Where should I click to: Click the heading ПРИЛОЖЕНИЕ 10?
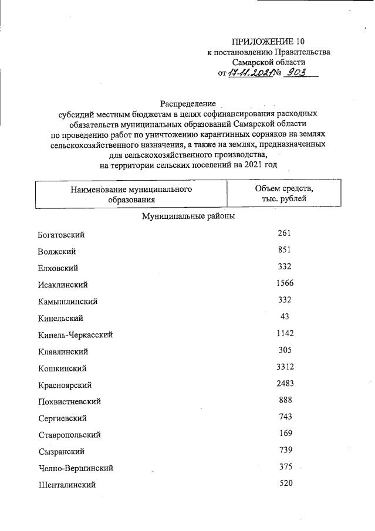click(x=269, y=41)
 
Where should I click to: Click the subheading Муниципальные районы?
click(x=188, y=217)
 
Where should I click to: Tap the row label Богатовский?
click(x=62, y=235)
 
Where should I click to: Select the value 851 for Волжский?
click(x=285, y=250)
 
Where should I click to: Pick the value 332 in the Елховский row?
click(x=285, y=267)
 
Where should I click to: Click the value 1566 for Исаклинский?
click(x=285, y=283)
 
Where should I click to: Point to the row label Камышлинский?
click(x=67, y=302)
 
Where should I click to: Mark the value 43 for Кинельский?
click(x=285, y=317)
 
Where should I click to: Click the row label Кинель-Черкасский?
click(x=75, y=335)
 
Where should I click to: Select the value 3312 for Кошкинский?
click(x=285, y=367)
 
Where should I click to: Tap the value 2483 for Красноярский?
click(x=285, y=384)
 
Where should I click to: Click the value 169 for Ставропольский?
click(x=285, y=434)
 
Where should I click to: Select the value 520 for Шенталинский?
click(x=285, y=483)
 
